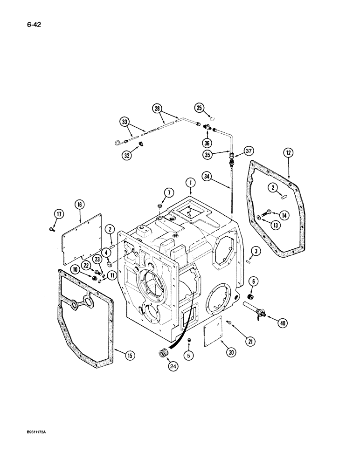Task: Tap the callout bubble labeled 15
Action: coord(130,356)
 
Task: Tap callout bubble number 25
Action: coord(200,109)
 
